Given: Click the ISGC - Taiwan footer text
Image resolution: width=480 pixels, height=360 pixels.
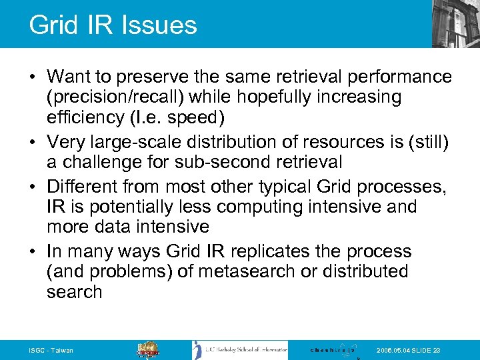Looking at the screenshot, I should (51, 351).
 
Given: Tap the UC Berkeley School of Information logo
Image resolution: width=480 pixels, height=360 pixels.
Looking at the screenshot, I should (241, 350).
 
